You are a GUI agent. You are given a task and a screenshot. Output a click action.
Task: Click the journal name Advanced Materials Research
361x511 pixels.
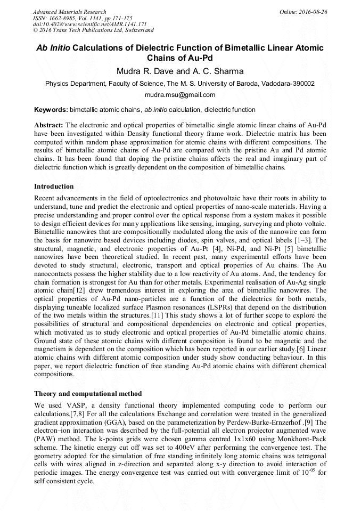tap(69, 12)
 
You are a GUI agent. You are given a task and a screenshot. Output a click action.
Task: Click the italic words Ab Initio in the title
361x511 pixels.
tap(52, 48)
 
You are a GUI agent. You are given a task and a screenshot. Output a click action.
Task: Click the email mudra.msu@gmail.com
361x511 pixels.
tap(180, 95)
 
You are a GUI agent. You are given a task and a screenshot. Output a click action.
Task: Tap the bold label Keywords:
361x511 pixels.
tap(51, 110)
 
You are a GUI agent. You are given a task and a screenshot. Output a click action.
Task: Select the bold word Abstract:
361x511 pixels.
tap(49, 124)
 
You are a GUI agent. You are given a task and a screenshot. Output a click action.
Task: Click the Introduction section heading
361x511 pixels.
tap(54, 186)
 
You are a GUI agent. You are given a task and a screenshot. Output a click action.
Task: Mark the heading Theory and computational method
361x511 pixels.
tap(88, 394)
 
